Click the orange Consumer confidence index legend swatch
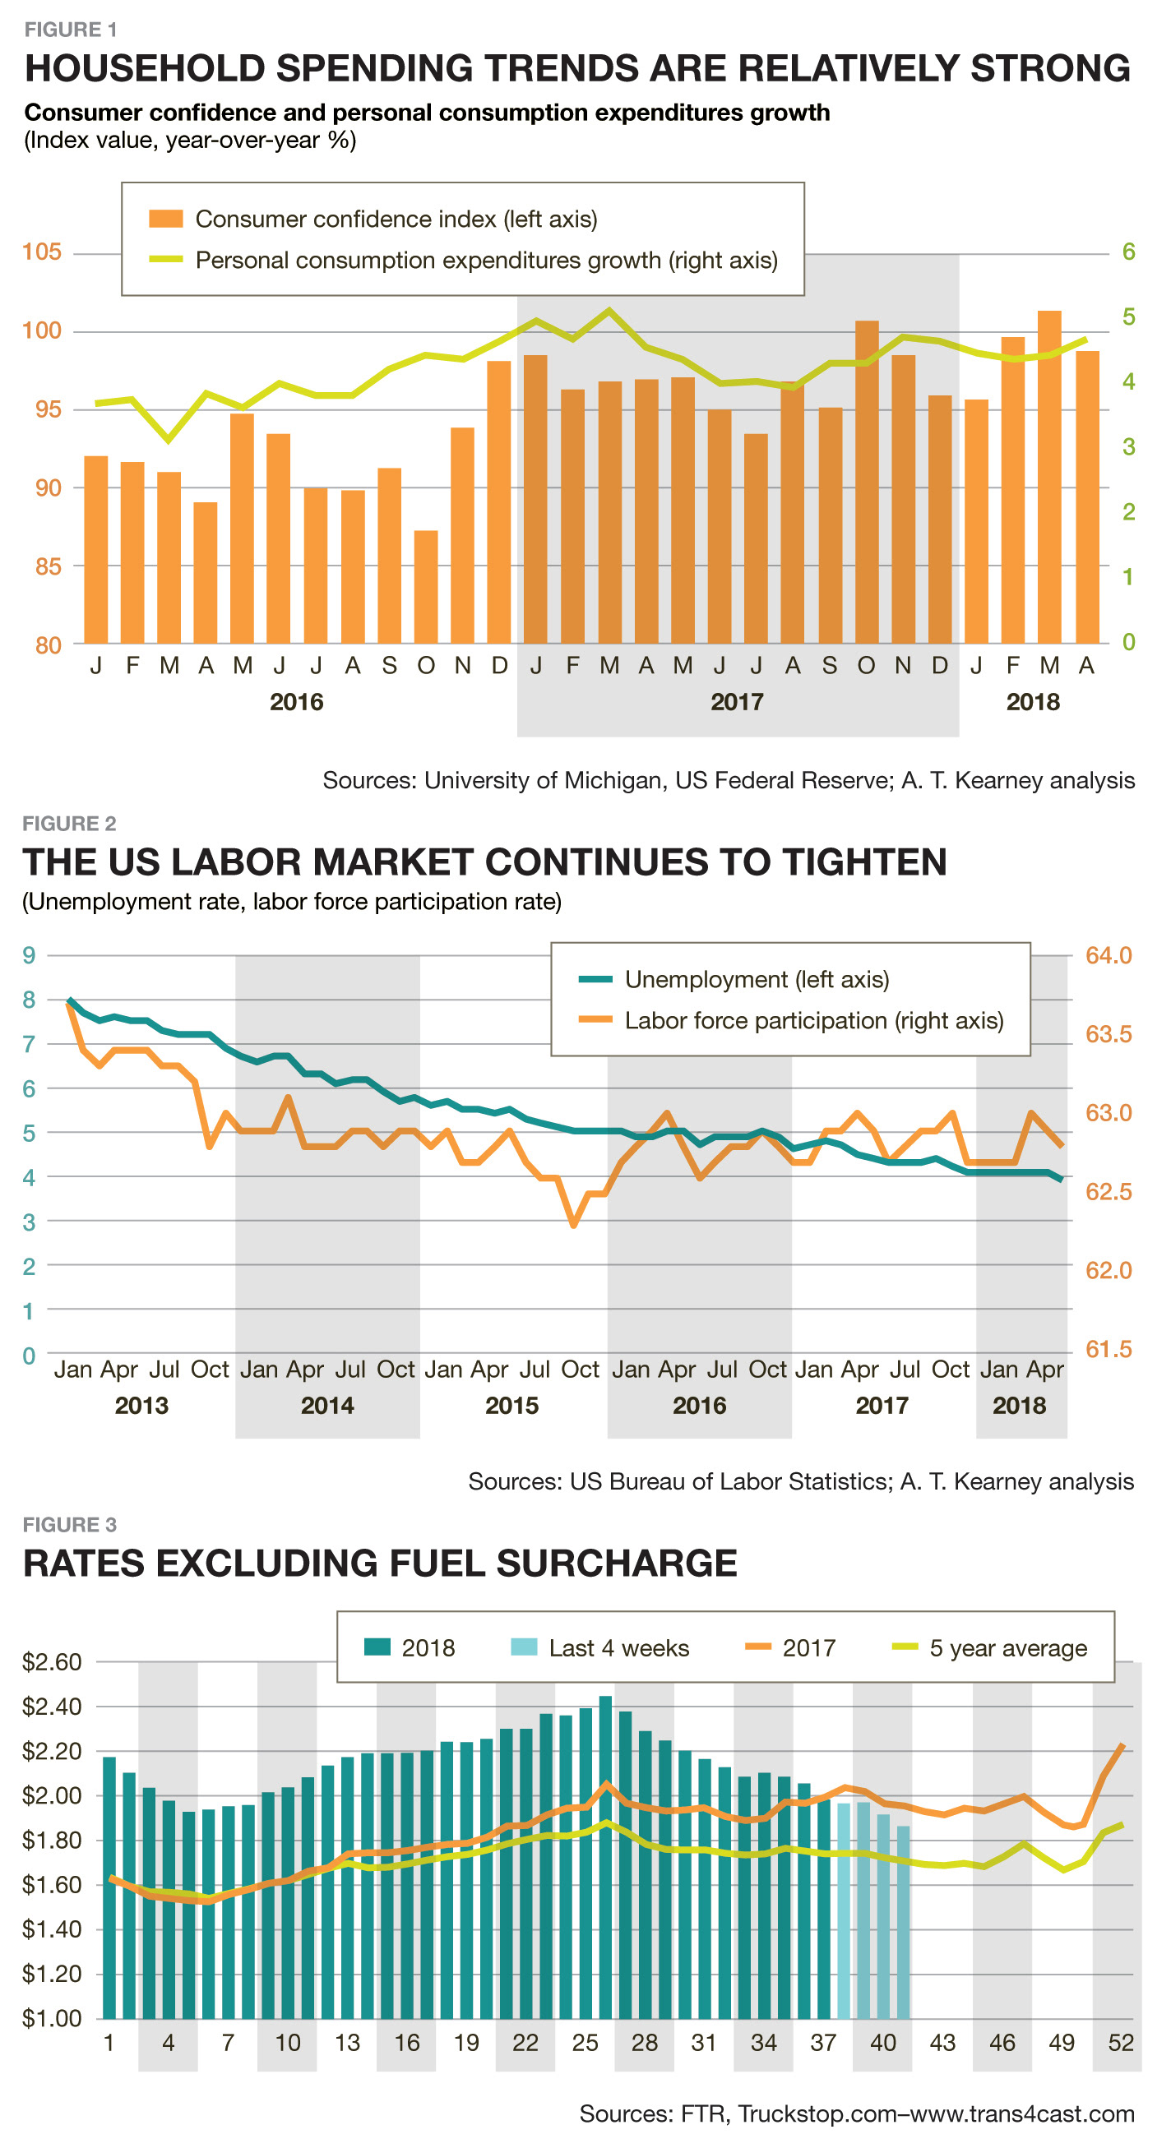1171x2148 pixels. coord(165,219)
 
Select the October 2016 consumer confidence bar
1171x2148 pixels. coord(426,587)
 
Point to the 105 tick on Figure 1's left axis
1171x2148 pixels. coord(42,252)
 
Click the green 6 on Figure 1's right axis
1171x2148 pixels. coord(1128,252)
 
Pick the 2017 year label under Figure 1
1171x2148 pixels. coord(737,702)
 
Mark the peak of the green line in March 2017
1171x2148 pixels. coord(609,310)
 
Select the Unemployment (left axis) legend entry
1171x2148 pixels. coord(756,979)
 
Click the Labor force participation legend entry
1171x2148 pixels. coord(813,1021)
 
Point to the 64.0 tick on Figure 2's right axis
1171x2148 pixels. coord(1109,955)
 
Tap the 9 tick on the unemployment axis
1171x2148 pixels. coord(29,955)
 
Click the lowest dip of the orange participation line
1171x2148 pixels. coord(573,1224)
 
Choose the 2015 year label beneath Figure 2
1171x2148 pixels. coord(512,1406)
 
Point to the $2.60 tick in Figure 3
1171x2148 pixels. coord(52,1662)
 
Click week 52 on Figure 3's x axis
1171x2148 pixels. coord(1121,2043)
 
